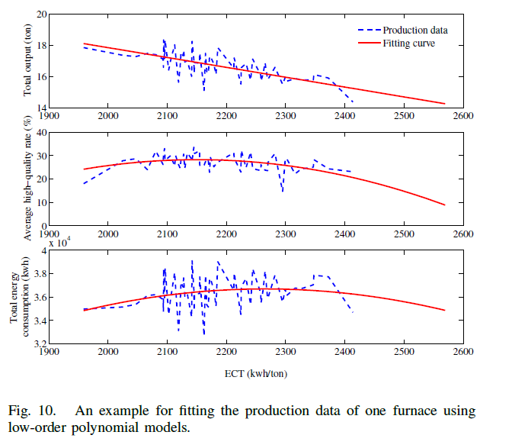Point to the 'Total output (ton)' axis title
[x=28, y=61]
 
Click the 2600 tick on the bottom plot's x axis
[x=462, y=353]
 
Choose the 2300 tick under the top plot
[x=285, y=117]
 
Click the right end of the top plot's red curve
[x=445, y=104]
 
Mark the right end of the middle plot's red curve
[x=445, y=205]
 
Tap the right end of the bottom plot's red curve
[x=445, y=310]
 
